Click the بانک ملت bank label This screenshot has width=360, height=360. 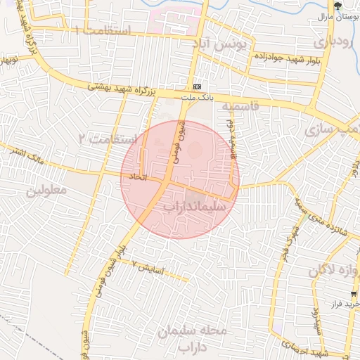point(197,96)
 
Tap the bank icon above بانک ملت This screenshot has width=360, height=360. point(197,86)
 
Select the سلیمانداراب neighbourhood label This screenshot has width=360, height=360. point(194,207)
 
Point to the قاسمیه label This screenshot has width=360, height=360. point(241,105)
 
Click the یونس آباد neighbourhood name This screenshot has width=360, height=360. point(222,44)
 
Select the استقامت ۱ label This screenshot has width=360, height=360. point(101,31)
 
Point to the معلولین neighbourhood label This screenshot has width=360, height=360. point(46,191)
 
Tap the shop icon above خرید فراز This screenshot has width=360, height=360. point(354,294)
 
